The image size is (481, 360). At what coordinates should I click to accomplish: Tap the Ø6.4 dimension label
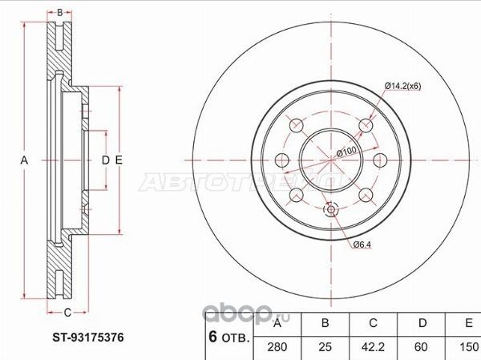point(361,244)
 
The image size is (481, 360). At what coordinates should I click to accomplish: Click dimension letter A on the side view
point(25,161)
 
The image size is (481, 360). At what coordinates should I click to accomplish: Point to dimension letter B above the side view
point(59,12)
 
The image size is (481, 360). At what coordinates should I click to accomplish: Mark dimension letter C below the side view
point(67,312)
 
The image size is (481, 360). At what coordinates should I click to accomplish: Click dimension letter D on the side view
point(105,161)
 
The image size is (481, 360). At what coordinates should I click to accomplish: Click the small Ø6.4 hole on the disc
point(330,212)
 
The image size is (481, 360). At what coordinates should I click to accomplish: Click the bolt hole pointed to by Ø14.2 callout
point(366,125)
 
